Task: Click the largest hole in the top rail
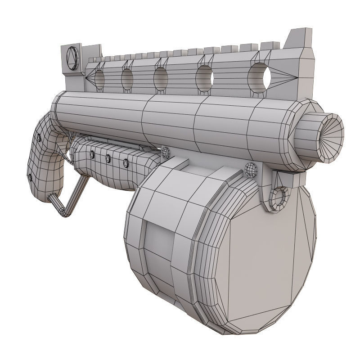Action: [260, 75]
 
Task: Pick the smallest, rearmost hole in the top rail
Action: [99, 79]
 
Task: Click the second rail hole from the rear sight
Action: [127, 78]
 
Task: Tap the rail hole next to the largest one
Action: [204, 76]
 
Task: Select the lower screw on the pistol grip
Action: [30, 177]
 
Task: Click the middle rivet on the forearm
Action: [108, 158]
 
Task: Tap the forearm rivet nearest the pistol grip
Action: [92, 154]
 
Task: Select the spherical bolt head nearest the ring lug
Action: [250, 169]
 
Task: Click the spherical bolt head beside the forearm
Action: [165, 153]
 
